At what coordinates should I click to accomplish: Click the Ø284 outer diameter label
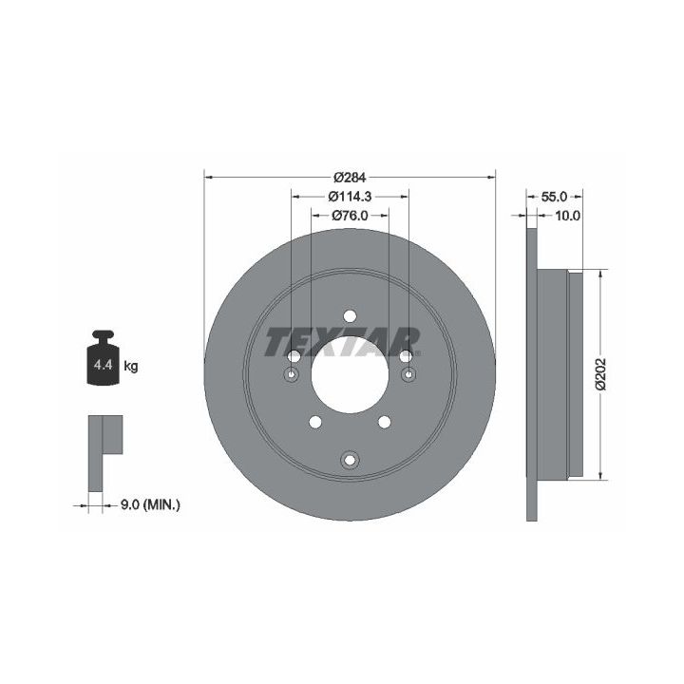tap(350, 178)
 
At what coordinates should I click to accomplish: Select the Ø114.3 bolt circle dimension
tap(350, 197)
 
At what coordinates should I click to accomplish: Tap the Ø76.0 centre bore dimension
tap(350, 216)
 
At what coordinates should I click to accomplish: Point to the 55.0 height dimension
tap(554, 197)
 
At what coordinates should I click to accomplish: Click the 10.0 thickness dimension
tap(567, 216)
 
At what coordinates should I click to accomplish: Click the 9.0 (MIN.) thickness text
tap(150, 505)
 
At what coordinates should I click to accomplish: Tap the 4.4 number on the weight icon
tap(104, 365)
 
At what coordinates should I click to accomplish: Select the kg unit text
tap(131, 366)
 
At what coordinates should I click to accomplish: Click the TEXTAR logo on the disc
tap(342, 342)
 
